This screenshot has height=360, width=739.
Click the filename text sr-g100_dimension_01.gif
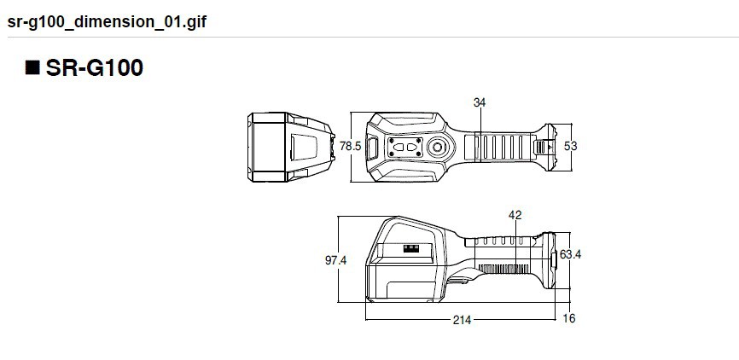(x=107, y=20)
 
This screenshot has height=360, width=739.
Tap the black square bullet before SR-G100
(x=32, y=69)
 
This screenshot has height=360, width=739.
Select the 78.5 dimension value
(x=350, y=147)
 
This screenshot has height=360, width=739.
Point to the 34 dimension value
(x=479, y=102)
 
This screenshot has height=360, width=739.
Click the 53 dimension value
(x=571, y=146)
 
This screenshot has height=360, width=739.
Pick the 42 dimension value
(x=515, y=216)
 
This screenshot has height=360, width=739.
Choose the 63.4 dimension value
(x=571, y=253)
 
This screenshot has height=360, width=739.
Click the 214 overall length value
(x=462, y=319)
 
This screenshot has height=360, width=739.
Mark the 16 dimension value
(x=569, y=319)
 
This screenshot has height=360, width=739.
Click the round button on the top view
(x=437, y=148)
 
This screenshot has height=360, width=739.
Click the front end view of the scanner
(x=289, y=147)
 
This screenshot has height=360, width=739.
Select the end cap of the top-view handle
(x=547, y=146)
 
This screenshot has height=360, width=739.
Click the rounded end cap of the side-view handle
(x=550, y=258)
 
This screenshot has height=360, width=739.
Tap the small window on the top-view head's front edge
(x=372, y=147)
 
